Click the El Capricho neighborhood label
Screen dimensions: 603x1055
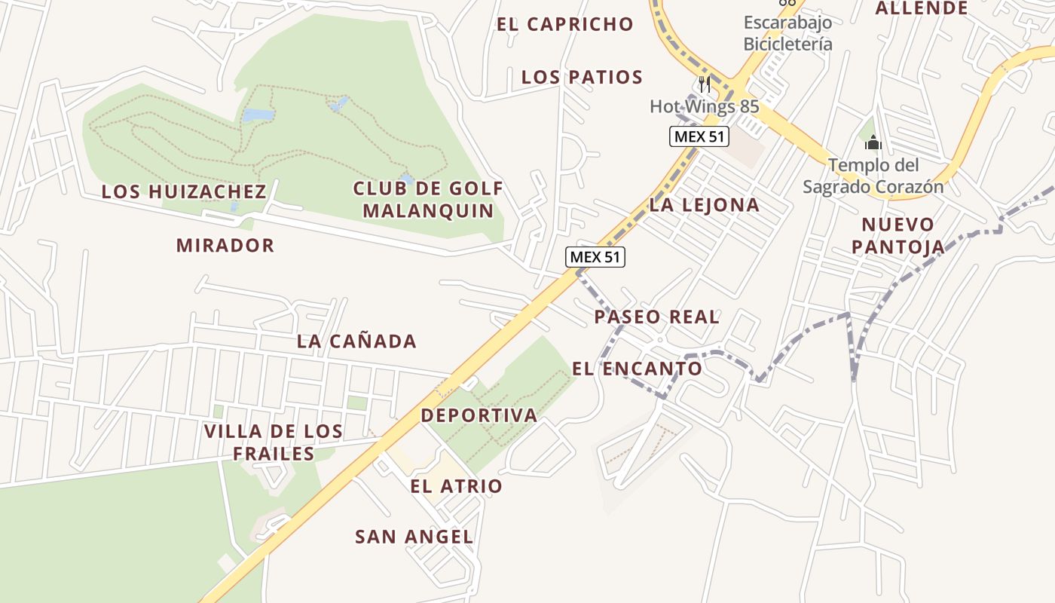[x=564, y=24]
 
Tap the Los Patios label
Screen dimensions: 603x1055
[x=582, y=77]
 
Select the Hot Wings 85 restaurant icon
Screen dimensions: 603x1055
[x=705, y=83]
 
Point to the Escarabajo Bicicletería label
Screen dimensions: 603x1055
[x=787, y=32]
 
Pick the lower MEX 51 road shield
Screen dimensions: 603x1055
[x=595, y=256]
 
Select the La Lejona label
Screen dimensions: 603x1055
[x=704, y=204]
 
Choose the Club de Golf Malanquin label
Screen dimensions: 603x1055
[x=428, y=199]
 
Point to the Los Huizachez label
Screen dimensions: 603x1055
[x=184, y=191]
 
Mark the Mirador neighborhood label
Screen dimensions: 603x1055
[x=225, y=245]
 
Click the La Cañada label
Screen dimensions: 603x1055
[x=356, y=341]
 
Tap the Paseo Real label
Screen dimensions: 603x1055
[x=656, y=317]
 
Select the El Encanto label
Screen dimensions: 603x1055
[x=637, y=369]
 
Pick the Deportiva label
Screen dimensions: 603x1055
[x=479, y=415]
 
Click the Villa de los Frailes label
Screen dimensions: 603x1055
[x=274, y=442]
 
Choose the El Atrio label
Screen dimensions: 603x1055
[x=456, y=486]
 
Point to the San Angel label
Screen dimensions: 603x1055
[x=414, y=537]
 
